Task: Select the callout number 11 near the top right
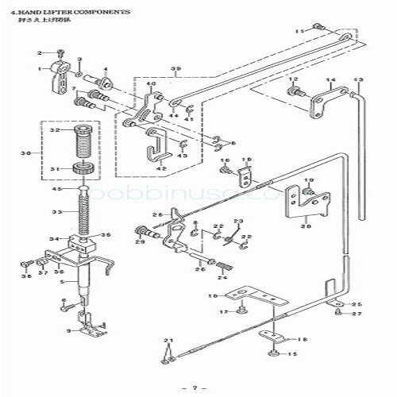click(299, 29)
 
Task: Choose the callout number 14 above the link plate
click(330, 80)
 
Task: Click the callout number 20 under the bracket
click(305, 225)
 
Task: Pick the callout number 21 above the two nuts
click(167, 341)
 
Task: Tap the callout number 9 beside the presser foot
click(71, 330)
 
